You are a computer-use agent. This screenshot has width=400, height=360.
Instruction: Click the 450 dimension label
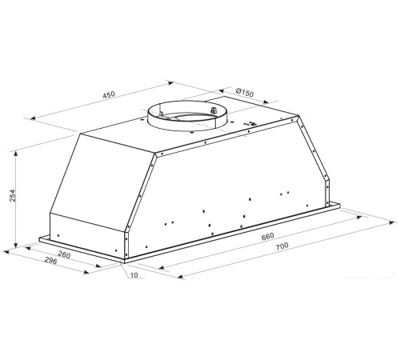click(109, 94)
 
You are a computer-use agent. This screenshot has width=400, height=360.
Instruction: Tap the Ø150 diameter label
click(245, 93)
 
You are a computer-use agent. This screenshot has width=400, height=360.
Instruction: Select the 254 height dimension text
click(13, 195)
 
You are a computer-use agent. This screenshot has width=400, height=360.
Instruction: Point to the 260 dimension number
click(64, 255)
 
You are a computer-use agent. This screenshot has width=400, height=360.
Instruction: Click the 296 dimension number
click(50, 261)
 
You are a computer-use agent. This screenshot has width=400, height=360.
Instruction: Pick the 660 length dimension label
click(268, 236)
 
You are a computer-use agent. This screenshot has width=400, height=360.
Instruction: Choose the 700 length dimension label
click(282, 246)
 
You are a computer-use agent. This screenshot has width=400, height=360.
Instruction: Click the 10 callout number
click(134, 275)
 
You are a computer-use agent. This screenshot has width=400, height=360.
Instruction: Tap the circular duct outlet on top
click(187, 115)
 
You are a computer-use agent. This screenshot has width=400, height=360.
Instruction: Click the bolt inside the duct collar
click(214, 110)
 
